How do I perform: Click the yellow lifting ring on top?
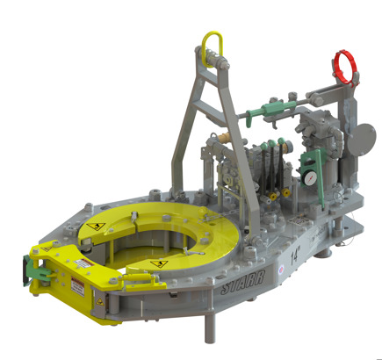click(x=211, y=45)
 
